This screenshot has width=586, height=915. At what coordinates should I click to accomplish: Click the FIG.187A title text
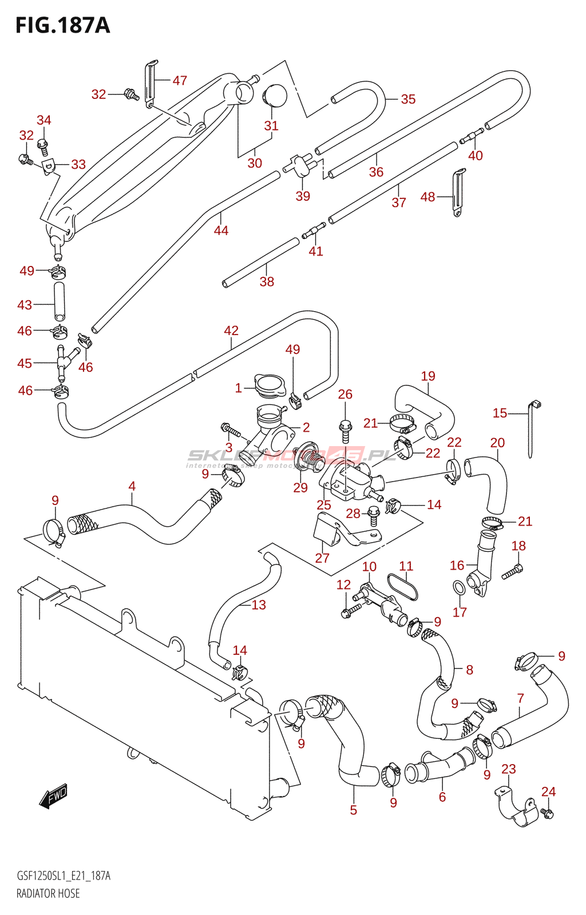pos(62,26)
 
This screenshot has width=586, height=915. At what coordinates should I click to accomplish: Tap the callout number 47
pos(180,81)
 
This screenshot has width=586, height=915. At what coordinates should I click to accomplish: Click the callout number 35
pos(408,99)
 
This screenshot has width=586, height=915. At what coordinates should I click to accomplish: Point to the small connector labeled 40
pos(472,136)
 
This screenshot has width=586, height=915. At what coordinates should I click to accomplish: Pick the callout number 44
pos(221,230)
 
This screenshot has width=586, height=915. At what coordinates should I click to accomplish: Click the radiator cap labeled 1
pos(269,385)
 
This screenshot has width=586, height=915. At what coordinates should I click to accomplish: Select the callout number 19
pos(428,376)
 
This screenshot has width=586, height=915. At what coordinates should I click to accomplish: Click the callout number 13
pos(259,605)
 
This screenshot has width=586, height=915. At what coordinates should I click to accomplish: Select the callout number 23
pos(509,769)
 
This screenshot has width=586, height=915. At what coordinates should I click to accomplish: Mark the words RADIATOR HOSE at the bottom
pos(48,893)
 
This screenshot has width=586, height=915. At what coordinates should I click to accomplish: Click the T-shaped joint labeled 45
pos(62,361)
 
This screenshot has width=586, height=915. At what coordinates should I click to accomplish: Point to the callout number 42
pos(231,331)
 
